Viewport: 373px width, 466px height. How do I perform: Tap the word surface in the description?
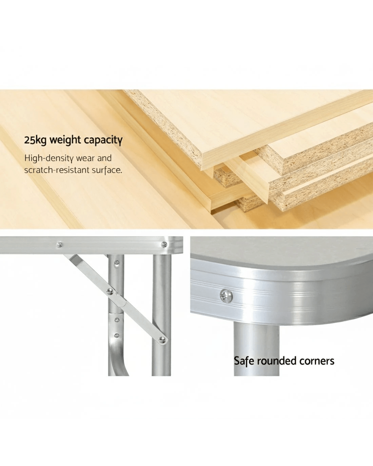107,170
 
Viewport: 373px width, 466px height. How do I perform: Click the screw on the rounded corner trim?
226,296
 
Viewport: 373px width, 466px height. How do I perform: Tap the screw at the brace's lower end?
162,340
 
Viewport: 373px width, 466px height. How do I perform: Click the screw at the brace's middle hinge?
110,291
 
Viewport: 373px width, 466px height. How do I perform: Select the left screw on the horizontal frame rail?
59,245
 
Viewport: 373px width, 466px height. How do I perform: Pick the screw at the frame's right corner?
164,244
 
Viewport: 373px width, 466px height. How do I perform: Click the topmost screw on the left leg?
117,263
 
